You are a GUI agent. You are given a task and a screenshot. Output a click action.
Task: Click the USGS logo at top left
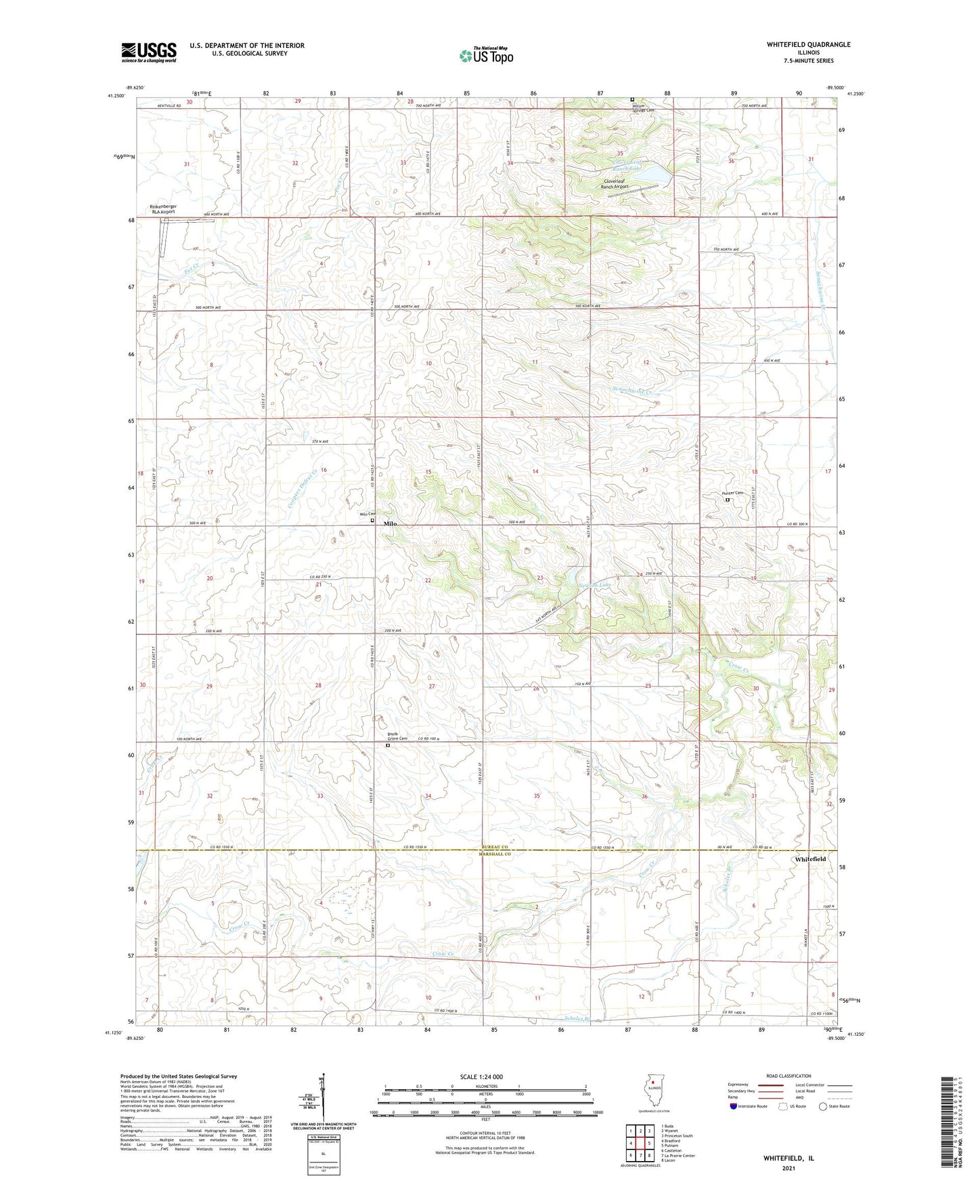coord(149,51)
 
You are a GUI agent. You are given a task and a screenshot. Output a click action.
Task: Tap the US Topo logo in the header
coord(485,56)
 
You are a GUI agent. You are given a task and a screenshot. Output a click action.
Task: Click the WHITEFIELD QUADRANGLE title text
coord(799,45)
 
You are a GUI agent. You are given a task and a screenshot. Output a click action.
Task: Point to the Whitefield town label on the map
coord(810,859)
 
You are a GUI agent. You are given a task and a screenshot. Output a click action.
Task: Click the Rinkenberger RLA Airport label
coord(162,209)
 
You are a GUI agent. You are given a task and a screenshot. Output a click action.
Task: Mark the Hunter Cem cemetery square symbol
coord(728,500)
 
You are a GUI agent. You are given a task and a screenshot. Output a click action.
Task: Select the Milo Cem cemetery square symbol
coord(372,521)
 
